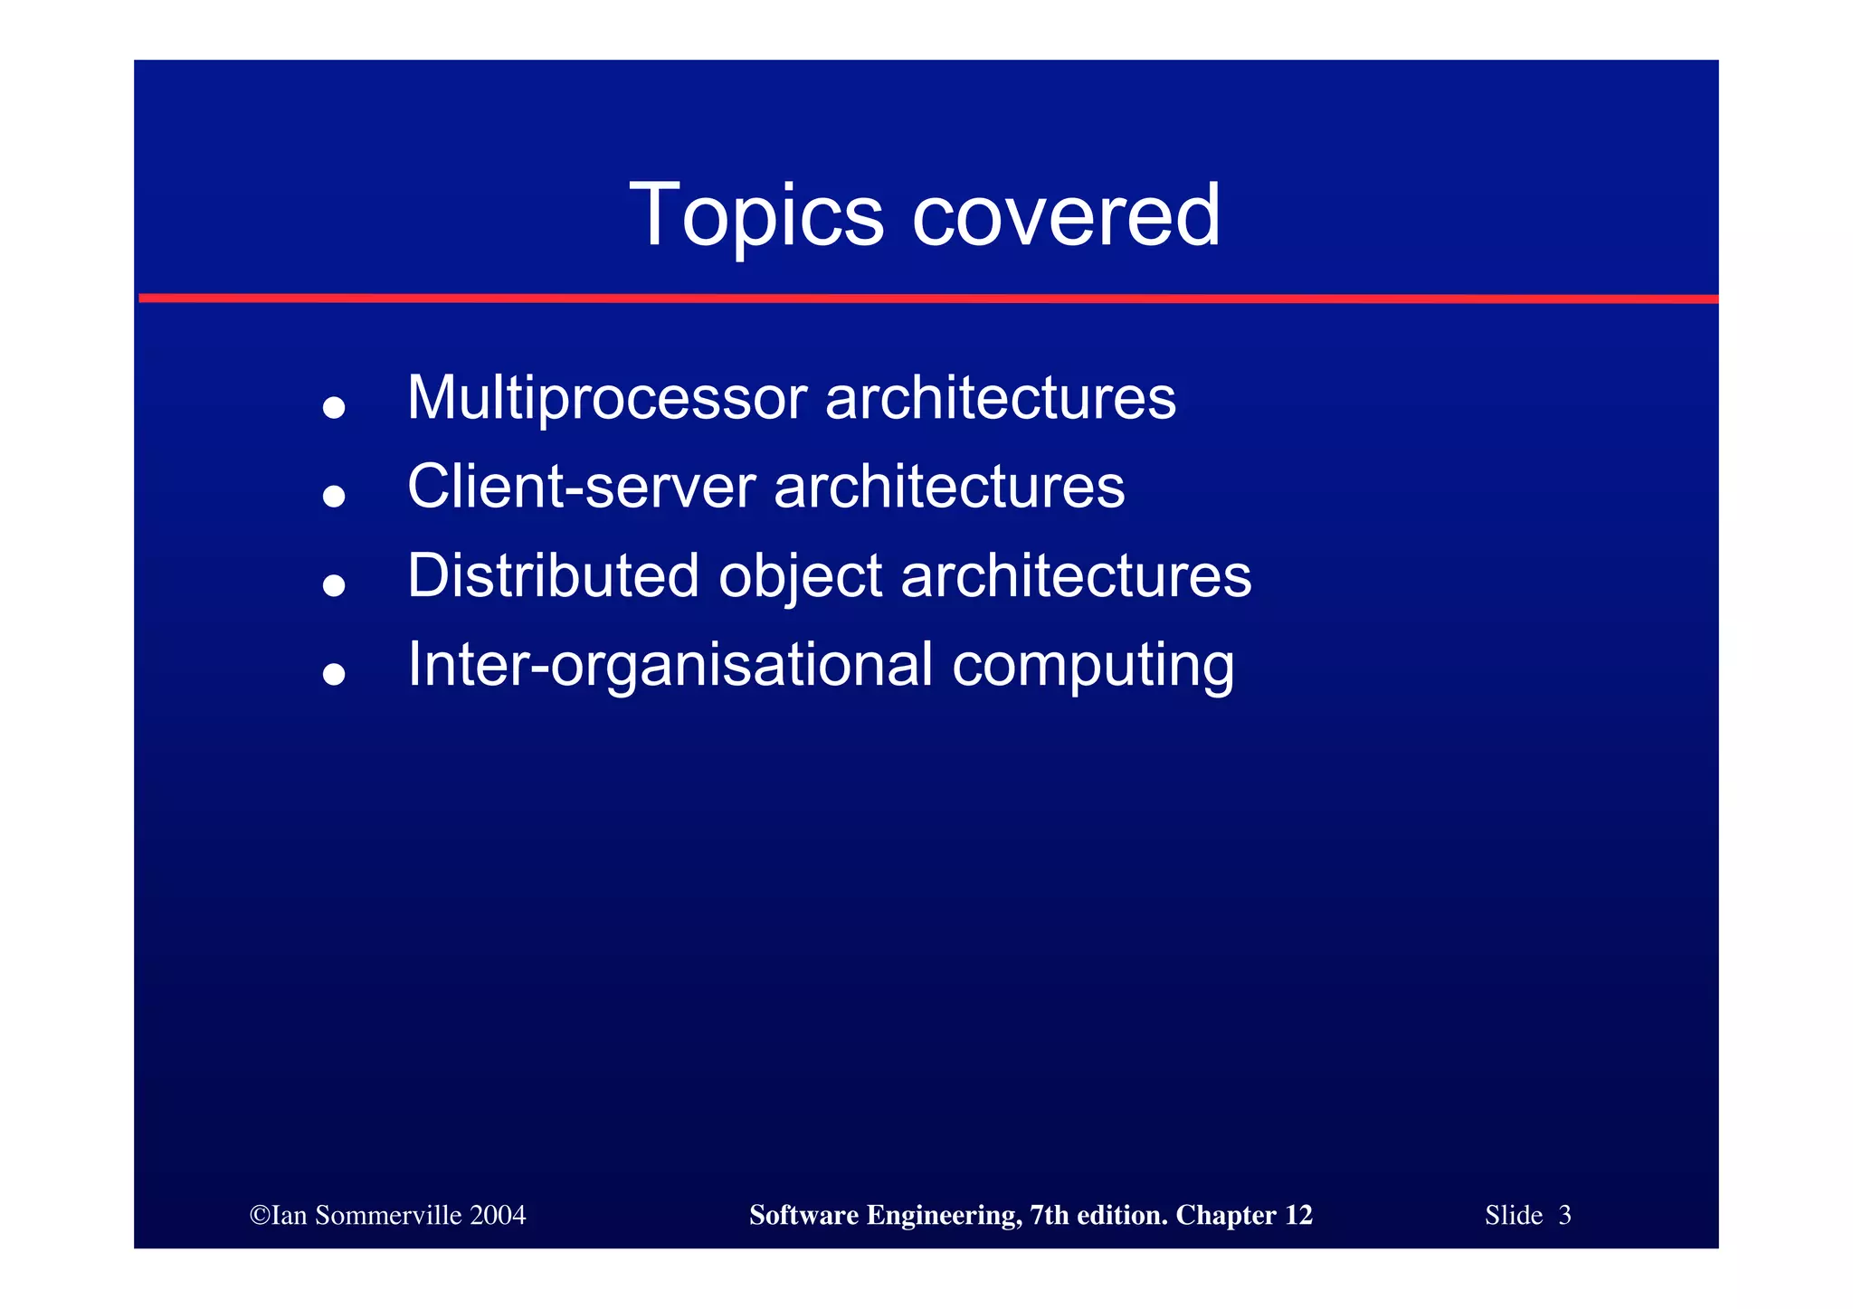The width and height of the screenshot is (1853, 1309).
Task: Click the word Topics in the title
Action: (x=755, y=215)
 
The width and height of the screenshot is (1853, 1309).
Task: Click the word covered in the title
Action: (x=1067, y=215)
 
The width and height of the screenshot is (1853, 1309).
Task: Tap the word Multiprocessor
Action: (x=606, y=398)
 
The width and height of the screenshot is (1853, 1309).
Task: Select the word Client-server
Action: (x=581, y=487)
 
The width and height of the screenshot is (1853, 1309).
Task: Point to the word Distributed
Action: (x=553, y=575)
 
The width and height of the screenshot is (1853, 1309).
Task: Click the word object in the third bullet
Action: (x=800, y=577)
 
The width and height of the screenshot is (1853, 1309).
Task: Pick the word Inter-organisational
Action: (x=670, y=665)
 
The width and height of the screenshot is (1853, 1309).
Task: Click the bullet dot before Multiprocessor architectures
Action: (x=334, y=407)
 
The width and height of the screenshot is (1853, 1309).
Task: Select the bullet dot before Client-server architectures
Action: (x=334, y=496)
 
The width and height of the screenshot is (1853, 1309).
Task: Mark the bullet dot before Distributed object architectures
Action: (x=334, y=584)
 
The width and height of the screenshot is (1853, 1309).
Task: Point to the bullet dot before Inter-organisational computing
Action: (x=334, y=673)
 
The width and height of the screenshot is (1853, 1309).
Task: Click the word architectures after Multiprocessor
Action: (x=1001, y=398)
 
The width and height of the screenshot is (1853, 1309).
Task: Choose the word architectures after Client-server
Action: (x=949, y=487)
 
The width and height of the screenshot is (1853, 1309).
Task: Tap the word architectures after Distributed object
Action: (x=1076, y=575)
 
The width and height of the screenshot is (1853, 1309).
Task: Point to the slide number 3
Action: (x=1564, y=1215)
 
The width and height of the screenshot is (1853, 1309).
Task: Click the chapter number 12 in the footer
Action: (x=1298, y=1215)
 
